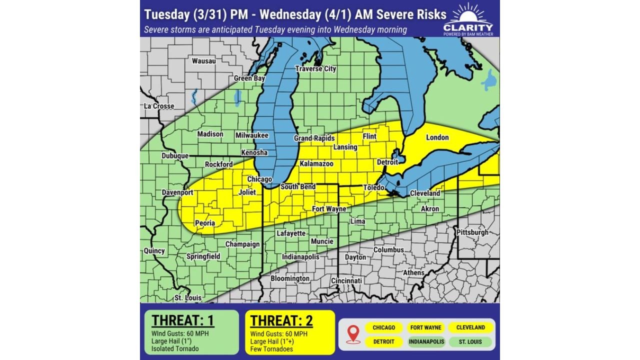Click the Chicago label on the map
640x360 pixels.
[259, 179]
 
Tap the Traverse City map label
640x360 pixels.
[315, 69]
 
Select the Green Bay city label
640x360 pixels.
[249, 78]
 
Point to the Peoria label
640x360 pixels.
[205, 223]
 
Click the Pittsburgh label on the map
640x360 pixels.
[472, 232]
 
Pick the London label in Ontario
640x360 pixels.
[437, 137]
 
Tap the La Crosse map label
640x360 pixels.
[159, 106]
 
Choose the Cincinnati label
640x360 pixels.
[346, 281]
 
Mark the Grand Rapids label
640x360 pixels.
[314, 138]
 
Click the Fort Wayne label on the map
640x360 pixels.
[329, 209]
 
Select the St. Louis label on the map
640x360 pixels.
[188, 298]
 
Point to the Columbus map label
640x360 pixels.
[388, 249]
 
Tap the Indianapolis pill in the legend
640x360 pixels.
[426, 342]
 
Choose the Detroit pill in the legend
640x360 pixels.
[383, 342]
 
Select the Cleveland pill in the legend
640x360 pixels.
[470, 327]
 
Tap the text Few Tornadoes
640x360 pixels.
[271, 349]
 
